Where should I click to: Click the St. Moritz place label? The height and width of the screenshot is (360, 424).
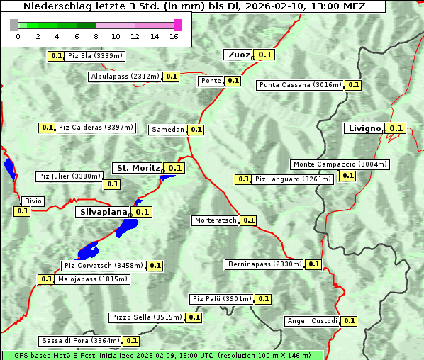138,168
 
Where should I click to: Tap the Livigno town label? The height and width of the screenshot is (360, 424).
363,128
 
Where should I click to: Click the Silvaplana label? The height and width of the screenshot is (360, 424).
103,212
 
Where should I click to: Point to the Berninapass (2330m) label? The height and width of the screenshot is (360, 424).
265,264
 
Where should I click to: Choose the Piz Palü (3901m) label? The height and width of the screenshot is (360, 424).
221,299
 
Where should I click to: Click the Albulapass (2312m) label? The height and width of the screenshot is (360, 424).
125,77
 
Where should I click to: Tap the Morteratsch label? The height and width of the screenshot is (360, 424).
216,220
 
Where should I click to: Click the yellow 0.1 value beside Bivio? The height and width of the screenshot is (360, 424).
22,210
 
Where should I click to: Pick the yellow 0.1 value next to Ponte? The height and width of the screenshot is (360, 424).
233,81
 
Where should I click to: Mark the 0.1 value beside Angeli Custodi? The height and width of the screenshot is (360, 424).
349,321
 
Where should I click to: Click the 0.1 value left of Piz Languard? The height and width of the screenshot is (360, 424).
243,179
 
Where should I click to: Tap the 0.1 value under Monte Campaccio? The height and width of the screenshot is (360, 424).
347,176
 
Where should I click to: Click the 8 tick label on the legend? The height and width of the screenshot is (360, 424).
96,35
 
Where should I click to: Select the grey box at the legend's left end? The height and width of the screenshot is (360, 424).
13,25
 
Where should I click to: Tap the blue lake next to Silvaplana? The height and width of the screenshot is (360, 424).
128,227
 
